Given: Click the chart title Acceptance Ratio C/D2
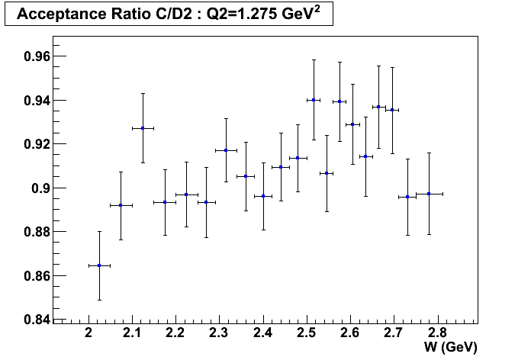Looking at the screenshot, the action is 105,14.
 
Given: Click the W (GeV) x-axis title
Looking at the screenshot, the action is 450,348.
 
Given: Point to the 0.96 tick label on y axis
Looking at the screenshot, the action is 37,56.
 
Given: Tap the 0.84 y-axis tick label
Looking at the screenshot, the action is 37,320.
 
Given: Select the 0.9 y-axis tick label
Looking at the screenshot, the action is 40,188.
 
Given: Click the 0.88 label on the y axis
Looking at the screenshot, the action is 37,232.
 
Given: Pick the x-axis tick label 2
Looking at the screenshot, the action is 88,333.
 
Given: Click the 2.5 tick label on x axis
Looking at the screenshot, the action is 307,333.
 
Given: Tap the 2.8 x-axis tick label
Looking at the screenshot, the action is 437,333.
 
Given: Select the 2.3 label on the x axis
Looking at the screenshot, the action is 219,333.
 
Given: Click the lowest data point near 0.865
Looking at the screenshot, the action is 99,265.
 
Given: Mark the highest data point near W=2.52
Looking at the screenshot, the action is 314,100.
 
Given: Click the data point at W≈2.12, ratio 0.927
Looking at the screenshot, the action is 143,128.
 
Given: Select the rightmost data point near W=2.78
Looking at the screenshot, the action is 429,194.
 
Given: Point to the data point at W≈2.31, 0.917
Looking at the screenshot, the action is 226,150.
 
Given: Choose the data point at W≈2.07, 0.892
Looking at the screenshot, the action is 121,205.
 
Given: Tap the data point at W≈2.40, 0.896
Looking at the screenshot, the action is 263,196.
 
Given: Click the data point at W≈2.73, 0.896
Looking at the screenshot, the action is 407,197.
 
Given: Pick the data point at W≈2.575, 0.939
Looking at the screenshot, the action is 340,101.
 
